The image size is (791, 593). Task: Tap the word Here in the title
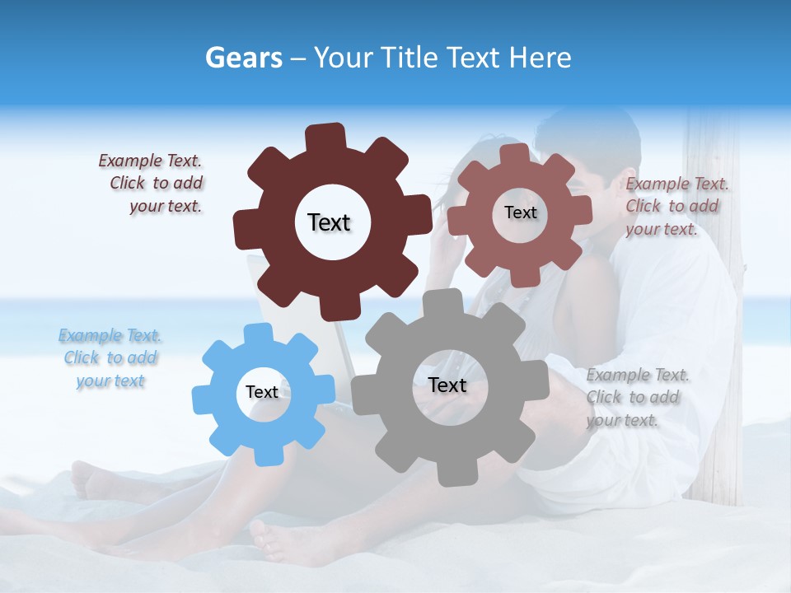pos(540,58)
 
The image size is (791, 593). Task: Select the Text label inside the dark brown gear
pos(329,222)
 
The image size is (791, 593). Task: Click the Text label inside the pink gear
pos(520,212)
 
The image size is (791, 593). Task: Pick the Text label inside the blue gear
pos(262,392)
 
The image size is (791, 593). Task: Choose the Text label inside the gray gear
pos(447,385)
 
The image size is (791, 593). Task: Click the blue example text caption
pos(110,358)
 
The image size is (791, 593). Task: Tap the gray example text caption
pos(636,398)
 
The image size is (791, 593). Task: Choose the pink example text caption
pos(676,207)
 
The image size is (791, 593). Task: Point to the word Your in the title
pos(345,58)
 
